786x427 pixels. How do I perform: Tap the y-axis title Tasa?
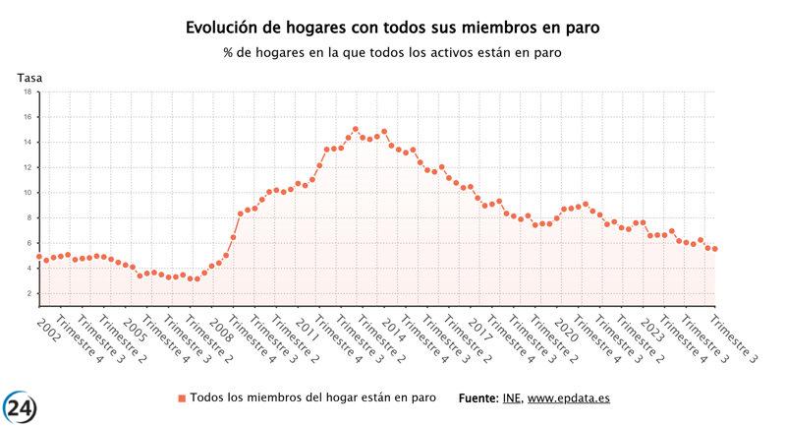[x=29, y=77]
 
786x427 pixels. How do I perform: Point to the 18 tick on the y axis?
[x=28, y=91]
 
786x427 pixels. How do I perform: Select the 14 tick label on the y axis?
[x=28, y=142]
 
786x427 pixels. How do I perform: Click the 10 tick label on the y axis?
[x=28, y=193]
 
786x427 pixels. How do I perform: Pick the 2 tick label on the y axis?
[x=29, y=293]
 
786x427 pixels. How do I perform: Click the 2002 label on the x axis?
[x=47, y=326]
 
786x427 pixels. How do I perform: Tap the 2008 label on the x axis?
[x=220, y=326]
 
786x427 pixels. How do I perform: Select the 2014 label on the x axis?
[x=393, y=326]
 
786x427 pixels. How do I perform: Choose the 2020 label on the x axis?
[x=566, y=326]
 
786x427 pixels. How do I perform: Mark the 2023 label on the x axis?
[x=652, y=326]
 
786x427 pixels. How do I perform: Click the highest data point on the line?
[x=355, y=129]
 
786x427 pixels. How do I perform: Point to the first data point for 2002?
[x=38, y=257]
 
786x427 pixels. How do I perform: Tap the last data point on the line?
[x=715, y=249]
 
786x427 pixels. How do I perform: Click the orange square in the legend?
[x=181, y=397]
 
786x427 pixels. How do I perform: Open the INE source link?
[x=511, y=397]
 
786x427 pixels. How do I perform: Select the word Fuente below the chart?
[x=479, y=397]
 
